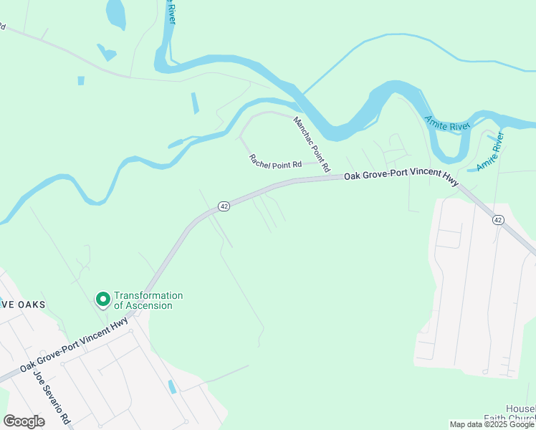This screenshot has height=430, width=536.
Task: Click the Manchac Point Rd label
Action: tap(311, 144)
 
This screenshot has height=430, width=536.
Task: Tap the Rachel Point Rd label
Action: tap(275, 162)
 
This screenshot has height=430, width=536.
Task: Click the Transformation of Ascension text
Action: tap(148, 300)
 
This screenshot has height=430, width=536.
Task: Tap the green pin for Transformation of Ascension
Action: tap(102, 298)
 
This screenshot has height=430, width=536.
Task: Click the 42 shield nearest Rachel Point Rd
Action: tap(224, 206)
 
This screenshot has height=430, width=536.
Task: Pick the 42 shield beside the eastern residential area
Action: tap(498, 219)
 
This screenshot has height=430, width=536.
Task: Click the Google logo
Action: tap(24, 421)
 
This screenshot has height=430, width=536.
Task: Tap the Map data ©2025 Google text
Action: tap(492, 424)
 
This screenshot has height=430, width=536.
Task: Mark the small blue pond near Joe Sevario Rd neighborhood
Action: tap(172, 387)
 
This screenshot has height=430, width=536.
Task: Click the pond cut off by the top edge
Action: tap(115, 12)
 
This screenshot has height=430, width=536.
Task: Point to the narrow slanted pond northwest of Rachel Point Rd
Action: tap(195, 103)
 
